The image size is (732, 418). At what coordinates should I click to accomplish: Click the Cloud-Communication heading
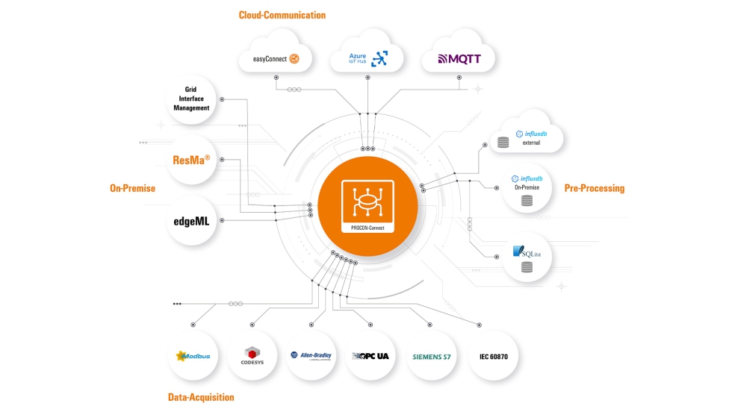(x=282, y=15)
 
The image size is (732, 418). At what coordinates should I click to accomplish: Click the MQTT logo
(x=459, y=58)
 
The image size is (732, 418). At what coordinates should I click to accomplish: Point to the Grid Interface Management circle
(x=192, y=99)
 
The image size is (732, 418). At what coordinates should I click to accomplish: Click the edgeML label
(x=191, y=220)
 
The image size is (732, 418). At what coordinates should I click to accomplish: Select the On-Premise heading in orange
(x=132, y=188)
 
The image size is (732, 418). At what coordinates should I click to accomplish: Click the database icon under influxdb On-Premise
(x=527, y=201)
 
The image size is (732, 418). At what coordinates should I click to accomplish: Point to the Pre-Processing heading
(x=594, y=188)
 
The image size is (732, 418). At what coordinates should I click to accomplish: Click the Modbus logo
(x=193, y=356)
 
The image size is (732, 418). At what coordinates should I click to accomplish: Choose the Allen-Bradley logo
(x=313, y=356)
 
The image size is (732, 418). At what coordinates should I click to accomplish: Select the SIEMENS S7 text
(x=432, y=356)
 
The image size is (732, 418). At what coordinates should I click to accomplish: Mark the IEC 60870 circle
(x=493, y=356)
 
